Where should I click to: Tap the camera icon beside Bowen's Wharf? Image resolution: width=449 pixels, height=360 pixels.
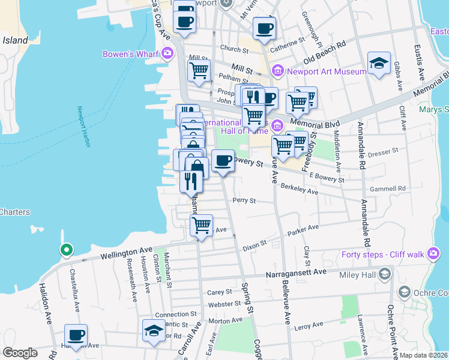167,54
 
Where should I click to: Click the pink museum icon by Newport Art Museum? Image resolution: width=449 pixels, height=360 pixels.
277,72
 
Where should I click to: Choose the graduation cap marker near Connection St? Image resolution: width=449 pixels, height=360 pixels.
154,331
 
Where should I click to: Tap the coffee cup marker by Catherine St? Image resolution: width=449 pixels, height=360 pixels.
264,28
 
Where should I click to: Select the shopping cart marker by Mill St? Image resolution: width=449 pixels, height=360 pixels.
199,69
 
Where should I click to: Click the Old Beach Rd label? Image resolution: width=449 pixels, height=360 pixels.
325,53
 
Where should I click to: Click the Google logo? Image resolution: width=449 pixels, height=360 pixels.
20,353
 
